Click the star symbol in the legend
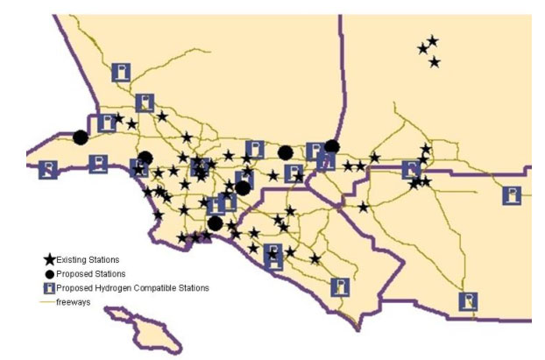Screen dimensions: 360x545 coord(51,260)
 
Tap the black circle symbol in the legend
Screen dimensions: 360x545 coord(51,273)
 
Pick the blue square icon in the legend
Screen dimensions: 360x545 coord(51,286)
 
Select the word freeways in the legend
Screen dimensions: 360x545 coord(74,300)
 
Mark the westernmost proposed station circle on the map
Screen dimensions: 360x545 coord(81,138)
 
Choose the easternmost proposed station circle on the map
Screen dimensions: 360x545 coord(331,146)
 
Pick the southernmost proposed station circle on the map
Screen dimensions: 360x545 coord(215,223)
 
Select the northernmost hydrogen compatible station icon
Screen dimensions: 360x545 coord(122,72)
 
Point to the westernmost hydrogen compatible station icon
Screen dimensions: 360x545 coord(49,169)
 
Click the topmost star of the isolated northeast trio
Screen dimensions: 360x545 coord(432,40)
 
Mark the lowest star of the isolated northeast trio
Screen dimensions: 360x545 coord(435,61)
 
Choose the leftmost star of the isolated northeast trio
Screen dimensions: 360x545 coord(423,49)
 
